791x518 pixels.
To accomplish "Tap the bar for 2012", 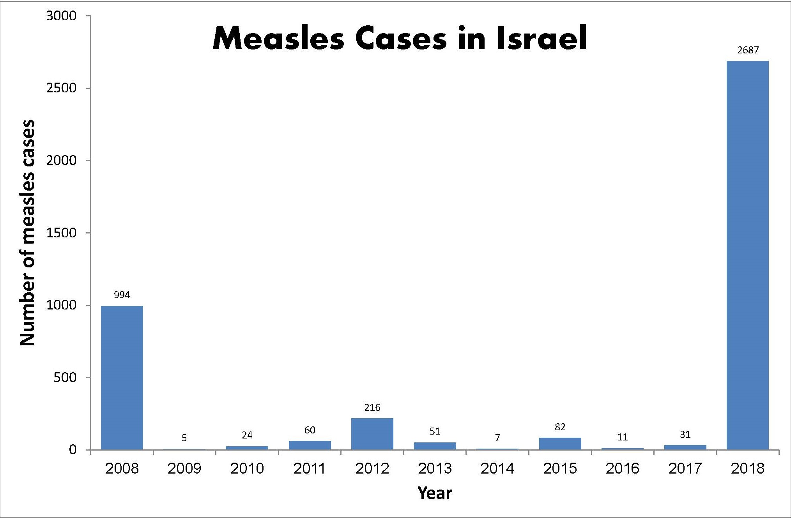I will point(372,433).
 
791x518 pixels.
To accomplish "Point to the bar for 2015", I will point(560,444).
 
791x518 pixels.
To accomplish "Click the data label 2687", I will point(748,50).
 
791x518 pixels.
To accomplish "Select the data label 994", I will point(122,295).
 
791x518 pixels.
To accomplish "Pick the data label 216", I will point(372,407).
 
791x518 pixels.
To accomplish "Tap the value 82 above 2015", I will point(560,427).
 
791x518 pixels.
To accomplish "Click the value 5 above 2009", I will point(184,438).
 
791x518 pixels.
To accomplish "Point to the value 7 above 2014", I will point(497,438).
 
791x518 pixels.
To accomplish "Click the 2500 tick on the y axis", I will point(61,88).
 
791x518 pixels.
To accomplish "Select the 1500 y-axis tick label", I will point(61,233).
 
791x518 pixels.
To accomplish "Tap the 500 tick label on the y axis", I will point(65,377).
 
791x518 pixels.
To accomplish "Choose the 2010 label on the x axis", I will point(247,468).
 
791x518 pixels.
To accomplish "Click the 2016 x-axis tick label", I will point(622,468).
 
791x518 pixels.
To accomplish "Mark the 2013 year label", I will point(434,468).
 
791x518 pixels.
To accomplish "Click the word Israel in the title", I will point(542,38).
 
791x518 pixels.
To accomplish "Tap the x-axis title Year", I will point(434,493).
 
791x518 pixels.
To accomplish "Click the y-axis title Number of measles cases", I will point(27,233).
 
